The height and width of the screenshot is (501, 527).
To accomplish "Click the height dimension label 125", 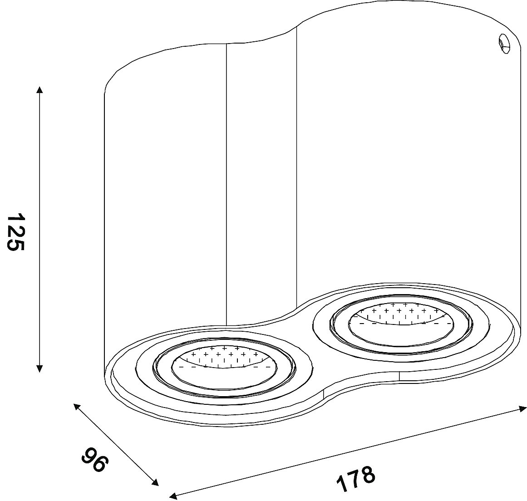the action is [x=15, y=232].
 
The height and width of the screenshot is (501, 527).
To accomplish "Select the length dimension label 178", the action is [x=355, y=478].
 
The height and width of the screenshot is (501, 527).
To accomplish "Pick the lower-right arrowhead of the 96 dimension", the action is [x=155, y=482].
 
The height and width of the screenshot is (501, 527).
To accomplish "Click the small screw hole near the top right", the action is [x=504, y=44].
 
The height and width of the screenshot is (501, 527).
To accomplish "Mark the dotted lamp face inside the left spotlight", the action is [x=223, y=358].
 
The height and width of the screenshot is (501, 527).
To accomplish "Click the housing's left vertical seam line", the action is [x=227, y=185].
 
